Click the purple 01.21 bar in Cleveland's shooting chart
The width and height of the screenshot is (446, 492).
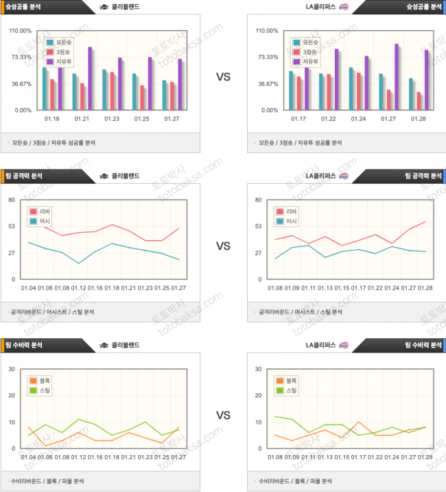pyautogui.click(x=90, y=78)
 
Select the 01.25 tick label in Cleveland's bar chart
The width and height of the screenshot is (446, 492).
pyautogui.click(x=141, y=119)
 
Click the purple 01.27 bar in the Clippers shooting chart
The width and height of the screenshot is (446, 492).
pyautogui.click(x=396, y=77)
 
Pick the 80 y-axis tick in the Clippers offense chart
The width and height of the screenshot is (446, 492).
pyautogui.click(x=259, y=200)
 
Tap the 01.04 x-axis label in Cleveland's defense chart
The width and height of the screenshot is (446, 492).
pyautogui.click(x=29, y=458)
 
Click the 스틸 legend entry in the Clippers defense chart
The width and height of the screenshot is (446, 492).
pyautogui.click(x=290, y=390)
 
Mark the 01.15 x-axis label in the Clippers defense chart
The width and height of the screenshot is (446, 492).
pyautogui.click(x=342, y=458)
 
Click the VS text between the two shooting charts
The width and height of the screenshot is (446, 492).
pyautogui.click(x=223, y=78)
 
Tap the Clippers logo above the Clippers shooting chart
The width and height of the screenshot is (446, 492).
pyautogui.click(x=344, y=7)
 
